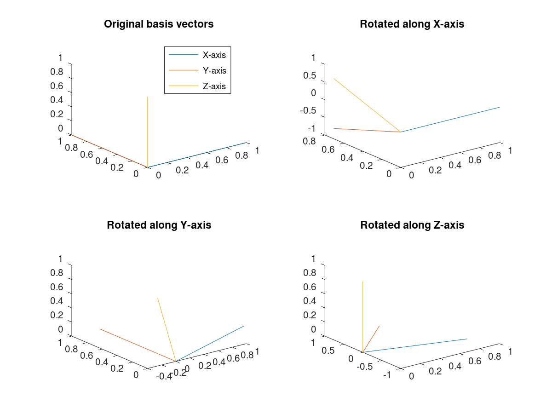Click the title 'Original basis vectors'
click(159, 24)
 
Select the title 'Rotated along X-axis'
click(412, 24)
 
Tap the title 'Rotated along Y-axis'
click(159, 225)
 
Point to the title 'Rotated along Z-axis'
click(412, 225)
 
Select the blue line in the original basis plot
click(198, 155)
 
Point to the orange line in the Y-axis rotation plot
click(138, 345)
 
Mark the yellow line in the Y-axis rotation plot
click(167, 329)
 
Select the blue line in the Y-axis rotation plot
click(210, 343)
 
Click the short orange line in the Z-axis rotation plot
click(371, 339)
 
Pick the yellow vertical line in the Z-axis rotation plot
click(363, 317)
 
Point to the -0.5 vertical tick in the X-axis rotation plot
click(308, 111)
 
